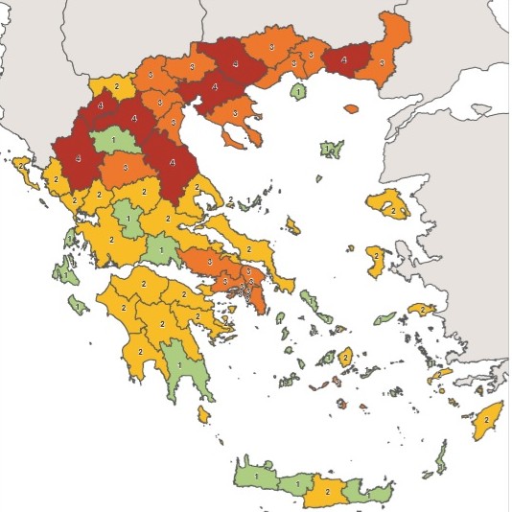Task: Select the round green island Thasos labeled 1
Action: coord(298,92)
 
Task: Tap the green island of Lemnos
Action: coord(331,149)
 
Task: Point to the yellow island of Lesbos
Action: coord(387,204)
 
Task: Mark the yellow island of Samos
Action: coord(421,310)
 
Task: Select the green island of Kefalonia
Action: coord(66,271)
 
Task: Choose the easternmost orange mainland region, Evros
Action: coord(389,43)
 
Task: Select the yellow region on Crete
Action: coord(326,491)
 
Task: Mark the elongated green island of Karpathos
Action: coord(439,458)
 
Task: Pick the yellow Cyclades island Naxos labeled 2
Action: coord(345,357)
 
